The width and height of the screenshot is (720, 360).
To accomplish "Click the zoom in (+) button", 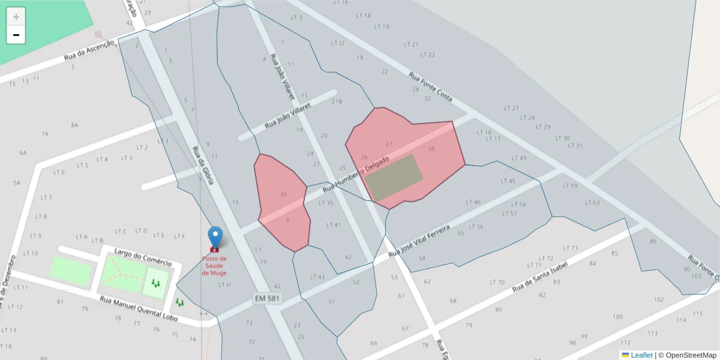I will (x=16, y=17).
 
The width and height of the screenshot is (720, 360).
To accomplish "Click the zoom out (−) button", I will (x=16, y=35).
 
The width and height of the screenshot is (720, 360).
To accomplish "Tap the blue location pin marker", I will (x=215, y=236).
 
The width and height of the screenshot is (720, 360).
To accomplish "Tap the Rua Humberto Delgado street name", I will (x=356, y=175).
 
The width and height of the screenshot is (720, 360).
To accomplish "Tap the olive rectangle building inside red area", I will (x=393, y=178).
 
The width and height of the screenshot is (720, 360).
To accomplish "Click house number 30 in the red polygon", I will (x=283, y=194).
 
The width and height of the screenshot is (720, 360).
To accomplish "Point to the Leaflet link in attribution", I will (x=641, y=355).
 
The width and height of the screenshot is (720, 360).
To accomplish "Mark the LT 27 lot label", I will (x=511, y=109).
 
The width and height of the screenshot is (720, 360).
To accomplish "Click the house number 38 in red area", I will (x=431, y=148).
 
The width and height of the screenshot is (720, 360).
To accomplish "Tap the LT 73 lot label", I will (x=571, y=248).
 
